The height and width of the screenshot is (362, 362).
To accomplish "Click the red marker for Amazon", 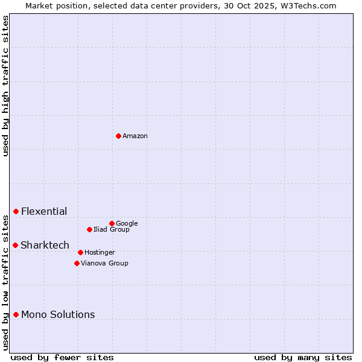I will (x=118, y=136).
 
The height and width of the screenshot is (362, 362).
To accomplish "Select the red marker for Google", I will (x=112, y=223).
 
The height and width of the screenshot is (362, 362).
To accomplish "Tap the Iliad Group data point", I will (x=89, y=229).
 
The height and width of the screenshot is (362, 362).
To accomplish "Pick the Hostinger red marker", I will (x=80, y=252).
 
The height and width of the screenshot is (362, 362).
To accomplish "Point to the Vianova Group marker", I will (x=77, y=263).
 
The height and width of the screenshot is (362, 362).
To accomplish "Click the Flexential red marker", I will (x=16, y=211).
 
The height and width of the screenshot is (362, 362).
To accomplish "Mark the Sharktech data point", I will (x=16, y=245).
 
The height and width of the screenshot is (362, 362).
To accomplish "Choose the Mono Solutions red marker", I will (x=16, y=314).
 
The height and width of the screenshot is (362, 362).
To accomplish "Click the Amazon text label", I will (x=135, y=136).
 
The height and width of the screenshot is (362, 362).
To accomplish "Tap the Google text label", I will (x=127, y=224).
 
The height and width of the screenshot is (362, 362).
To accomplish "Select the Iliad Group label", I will (x=112, y=230).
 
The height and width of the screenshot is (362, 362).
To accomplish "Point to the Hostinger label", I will (x=100, y=253).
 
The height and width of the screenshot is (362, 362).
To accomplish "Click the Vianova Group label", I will (x=104, y=264).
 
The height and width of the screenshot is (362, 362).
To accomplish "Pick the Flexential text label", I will (x=44, y=212).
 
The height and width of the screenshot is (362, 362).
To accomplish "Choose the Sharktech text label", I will (x=45, y=245).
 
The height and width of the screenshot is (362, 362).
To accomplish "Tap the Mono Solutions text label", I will (x=58, y=315).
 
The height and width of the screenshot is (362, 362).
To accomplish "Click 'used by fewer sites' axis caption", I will (x=62, y=357).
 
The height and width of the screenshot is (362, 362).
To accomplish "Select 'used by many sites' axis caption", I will (x=303, y=357).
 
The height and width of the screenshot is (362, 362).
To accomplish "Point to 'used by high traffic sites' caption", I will (x=6, y=86).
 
